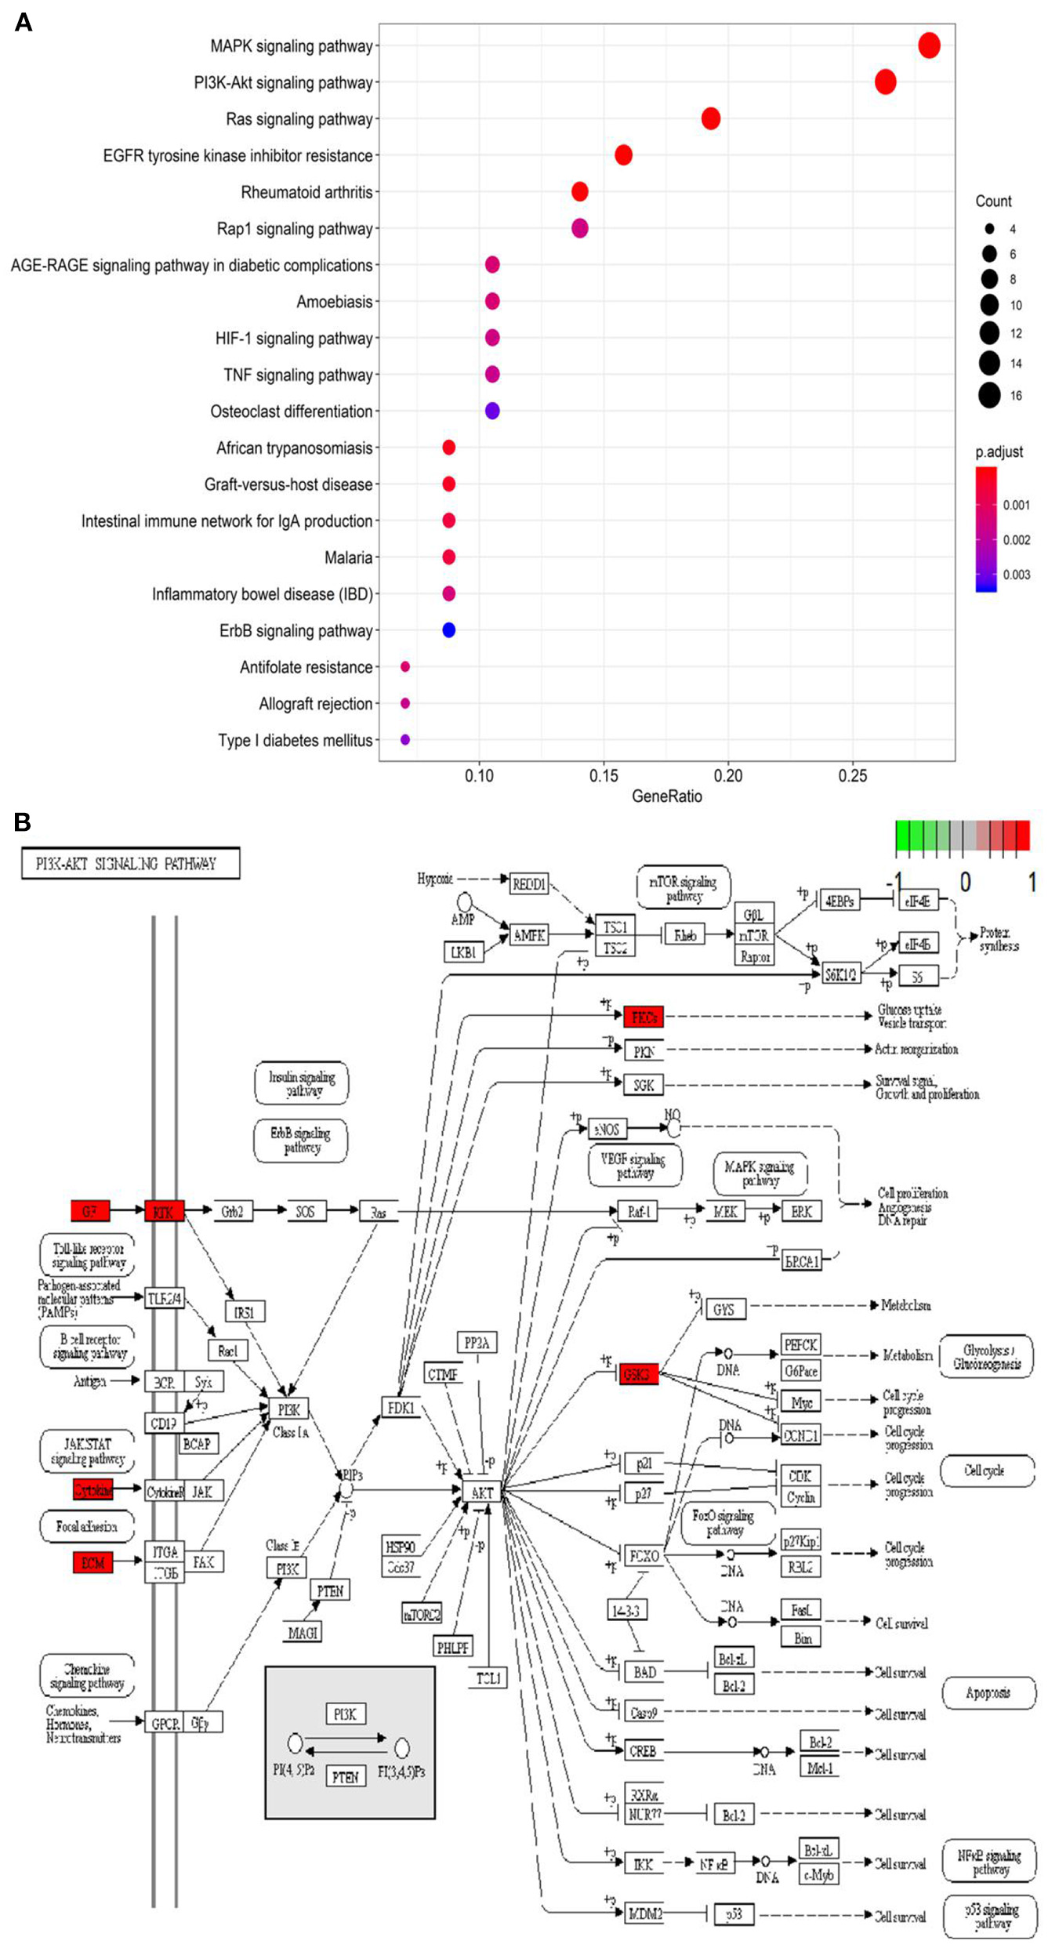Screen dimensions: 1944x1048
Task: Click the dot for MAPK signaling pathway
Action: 929,45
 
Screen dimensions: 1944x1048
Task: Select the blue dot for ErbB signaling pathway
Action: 448,630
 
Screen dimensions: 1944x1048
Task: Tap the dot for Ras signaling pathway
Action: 711,118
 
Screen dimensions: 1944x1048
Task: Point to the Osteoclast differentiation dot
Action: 492,411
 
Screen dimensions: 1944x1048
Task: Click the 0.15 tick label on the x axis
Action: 604,776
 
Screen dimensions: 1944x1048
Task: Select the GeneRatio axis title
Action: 666,796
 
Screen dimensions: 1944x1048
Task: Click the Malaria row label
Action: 348,557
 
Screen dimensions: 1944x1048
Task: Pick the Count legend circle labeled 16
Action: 989,396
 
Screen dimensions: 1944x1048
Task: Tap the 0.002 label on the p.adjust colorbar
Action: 1017,540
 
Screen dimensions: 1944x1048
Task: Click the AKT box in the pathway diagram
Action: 482,1492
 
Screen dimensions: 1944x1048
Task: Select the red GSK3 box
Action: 639,1374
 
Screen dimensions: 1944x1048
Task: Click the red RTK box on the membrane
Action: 164,1211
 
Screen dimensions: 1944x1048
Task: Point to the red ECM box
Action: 92,1562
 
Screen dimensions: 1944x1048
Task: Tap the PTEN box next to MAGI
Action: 330,1590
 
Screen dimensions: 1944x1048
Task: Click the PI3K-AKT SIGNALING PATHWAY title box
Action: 130,864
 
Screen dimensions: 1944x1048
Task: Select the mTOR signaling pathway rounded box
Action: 683,888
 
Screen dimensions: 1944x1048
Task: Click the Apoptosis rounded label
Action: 988,1692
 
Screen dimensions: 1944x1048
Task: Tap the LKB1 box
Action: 463,952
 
